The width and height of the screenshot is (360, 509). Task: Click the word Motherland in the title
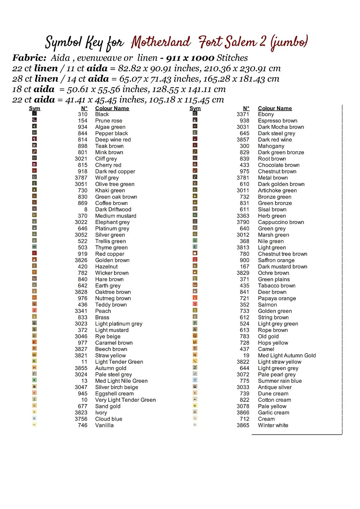[x=161, y=42]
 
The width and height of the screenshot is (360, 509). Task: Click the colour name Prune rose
[x=109, y=121]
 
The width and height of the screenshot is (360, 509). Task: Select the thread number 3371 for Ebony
[x=243, y=114]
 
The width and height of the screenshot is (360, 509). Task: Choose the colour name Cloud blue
[x=109, y=419]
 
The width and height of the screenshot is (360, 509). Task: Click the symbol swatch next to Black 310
[x=34, y=114]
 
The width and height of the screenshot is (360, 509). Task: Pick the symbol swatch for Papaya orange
[x=195, y=298]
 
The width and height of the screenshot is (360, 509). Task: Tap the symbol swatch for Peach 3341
[x=34, y=310]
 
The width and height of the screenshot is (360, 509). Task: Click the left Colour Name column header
[x=112, y=108]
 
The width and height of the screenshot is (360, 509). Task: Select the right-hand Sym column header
[x=195, y=108]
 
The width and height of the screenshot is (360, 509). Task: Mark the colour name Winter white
[x=273, y=426]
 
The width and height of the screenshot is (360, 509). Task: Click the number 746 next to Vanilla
[x=83, y=426]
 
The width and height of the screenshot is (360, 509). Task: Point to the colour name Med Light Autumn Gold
[x=287, y=356]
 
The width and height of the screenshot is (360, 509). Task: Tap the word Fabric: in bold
[x=29, y=58]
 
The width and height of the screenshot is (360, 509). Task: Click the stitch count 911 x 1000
[x=190, y=58]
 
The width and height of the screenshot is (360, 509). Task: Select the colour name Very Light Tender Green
[x=125, y=400]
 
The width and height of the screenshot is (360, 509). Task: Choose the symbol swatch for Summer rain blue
[x=195, y=380]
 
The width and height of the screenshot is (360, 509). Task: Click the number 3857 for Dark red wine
[x=243, y=140]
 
